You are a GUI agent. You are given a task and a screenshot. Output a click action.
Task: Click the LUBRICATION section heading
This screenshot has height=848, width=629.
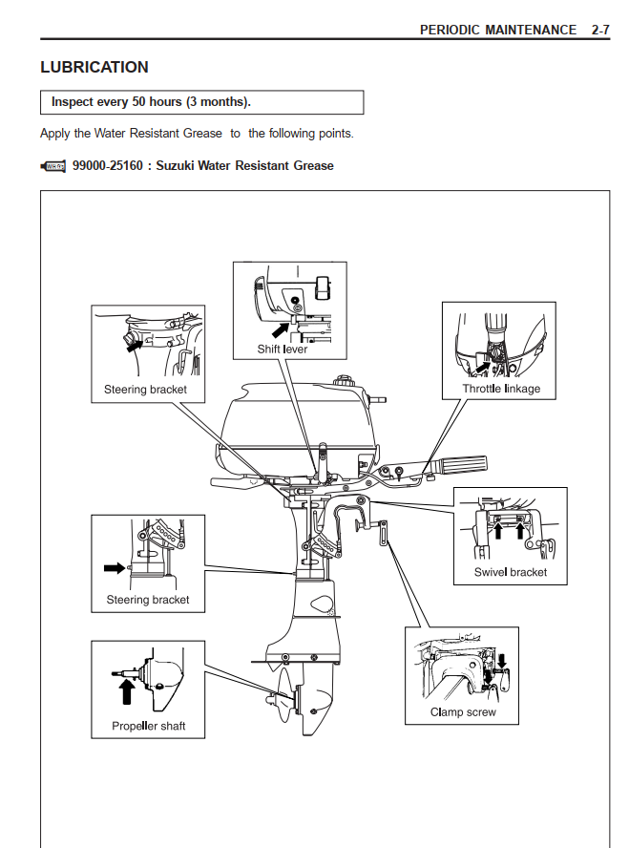coord(94,68)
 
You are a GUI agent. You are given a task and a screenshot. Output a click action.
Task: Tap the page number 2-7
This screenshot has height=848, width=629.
coord(599,30)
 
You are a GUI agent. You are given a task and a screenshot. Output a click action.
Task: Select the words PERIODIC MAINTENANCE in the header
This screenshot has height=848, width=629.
coord(498,30)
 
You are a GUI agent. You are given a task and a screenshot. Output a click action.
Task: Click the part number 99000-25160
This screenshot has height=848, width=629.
coord(107,166)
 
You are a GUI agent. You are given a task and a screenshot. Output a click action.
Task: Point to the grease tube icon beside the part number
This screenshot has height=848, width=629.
coord(53,166)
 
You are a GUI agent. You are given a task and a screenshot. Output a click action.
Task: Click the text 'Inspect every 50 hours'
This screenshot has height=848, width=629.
coord(117,101)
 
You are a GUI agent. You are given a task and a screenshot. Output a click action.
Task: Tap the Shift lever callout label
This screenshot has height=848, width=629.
coord(283,350)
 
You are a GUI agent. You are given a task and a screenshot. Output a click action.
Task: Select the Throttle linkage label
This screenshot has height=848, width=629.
coord(501,389)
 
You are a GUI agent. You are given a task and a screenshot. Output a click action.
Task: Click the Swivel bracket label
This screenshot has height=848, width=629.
coord(511,572)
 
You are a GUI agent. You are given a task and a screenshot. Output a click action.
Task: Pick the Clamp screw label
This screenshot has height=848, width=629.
coord(463,712)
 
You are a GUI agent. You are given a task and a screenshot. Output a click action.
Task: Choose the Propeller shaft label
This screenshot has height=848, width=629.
coord(149,726)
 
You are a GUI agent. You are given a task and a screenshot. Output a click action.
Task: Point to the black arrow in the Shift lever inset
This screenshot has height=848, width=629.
coord(280,329)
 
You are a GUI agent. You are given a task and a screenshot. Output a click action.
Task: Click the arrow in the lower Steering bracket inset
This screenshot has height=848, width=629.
coord(114,567)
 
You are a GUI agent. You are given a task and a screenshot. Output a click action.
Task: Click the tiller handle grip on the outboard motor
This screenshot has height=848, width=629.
coord(458,466)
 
